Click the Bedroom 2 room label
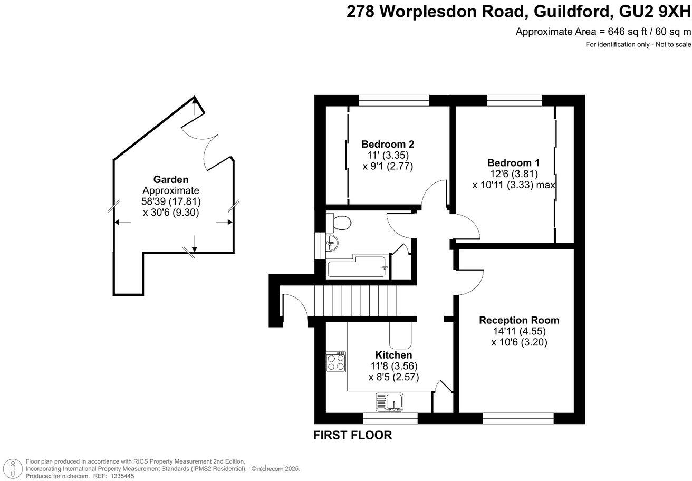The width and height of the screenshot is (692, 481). [x=387, y=144]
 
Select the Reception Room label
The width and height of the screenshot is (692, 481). [x=519, y=320]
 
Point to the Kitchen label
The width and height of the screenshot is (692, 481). [x=393, y=355]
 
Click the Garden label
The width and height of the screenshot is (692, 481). [x=171, y=179]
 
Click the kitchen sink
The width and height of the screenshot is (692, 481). [x=389, y=402]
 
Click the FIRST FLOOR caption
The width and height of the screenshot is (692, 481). [x=352, y=436]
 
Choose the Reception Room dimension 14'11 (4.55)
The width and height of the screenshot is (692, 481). [x=519, y=331]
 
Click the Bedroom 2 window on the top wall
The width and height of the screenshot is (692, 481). [x=393, y=100]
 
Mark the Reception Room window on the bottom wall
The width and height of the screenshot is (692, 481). [x=518, y=418]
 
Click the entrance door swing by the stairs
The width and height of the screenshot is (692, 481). [x=293, y=304]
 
